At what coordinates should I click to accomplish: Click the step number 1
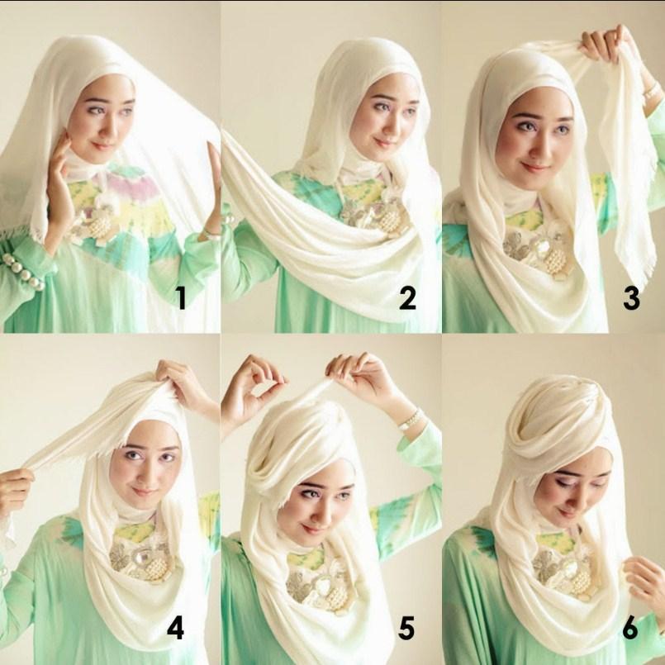(x=181, y=297)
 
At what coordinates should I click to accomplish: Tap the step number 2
(x=407, y=297)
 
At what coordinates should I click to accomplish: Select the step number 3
(x=631, y=297)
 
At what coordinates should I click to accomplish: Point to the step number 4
(x=175, y=628)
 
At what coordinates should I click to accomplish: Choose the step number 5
(x=406, y=628)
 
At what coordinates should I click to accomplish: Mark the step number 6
(x=630, y=628)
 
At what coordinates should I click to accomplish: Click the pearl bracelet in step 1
(x=23, y=272)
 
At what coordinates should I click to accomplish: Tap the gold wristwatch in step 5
(x=411, y=420)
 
